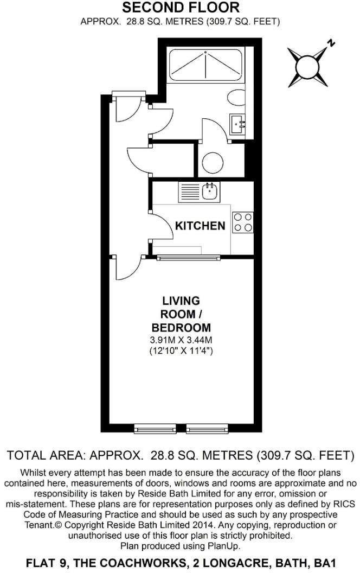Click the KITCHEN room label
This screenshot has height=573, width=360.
200,226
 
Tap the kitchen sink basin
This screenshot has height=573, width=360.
208,190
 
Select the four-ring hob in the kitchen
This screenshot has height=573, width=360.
242,222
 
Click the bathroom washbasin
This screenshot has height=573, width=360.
238,124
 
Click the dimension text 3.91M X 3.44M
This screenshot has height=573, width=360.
181,340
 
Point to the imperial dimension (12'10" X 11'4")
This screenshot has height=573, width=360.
181,351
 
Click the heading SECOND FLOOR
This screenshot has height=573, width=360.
180,8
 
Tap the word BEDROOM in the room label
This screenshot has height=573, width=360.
181,328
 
